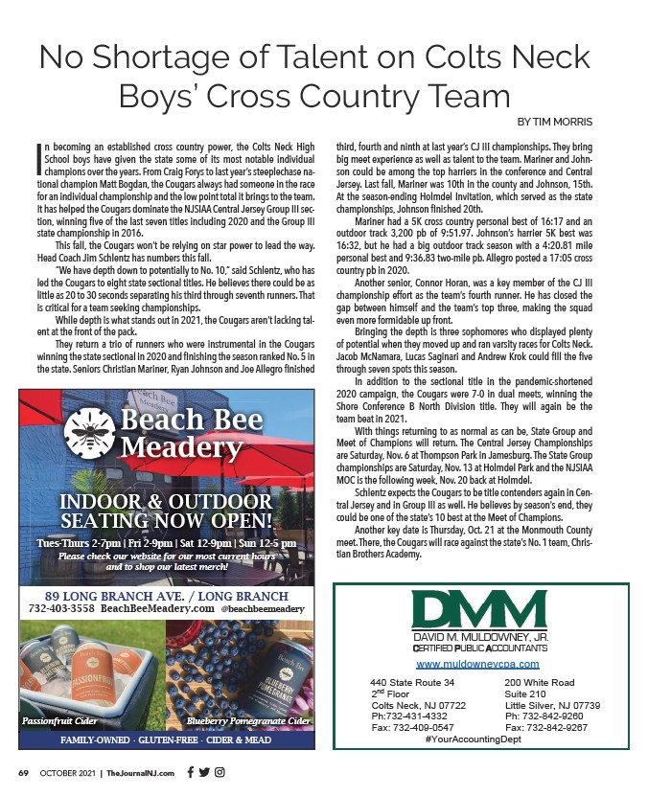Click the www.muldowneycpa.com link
[x=477, y=664]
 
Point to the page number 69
[x=24, y=772]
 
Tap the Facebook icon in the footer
[x=190, y=772]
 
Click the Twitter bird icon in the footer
[x=204, y=772]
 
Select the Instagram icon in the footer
[x=220, y=772]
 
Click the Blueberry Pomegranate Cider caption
[x=248, y=719]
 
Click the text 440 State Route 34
[x=411, y=682]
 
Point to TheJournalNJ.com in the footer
[x=140, y=772]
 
